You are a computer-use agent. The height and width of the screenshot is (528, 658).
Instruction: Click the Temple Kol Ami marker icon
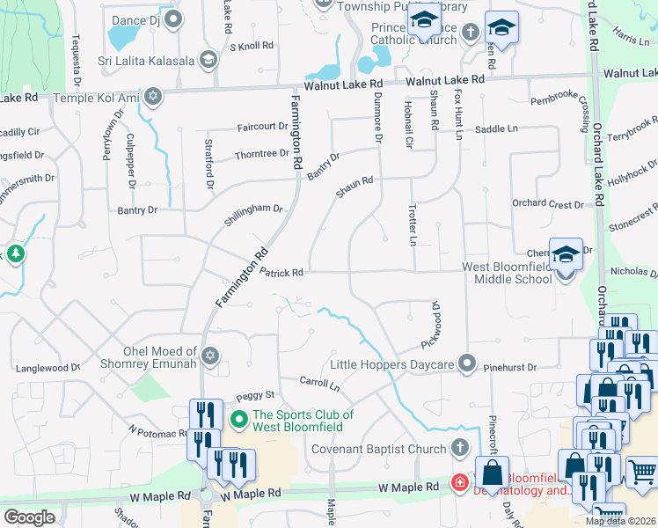(x=154, y=96)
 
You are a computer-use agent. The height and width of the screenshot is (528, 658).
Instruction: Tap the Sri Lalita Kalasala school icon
(x=208, y=60)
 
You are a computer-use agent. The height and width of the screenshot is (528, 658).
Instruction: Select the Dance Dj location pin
(x=174, y=18)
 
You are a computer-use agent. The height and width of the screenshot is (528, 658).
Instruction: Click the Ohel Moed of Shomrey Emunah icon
(x=209, y=356)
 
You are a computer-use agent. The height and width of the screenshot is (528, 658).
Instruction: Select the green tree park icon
(x=15, y=255)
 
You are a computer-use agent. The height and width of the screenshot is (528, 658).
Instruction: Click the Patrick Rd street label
(x=281, y=274)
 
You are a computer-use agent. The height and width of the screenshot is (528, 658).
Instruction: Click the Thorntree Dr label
(x=261, y=154)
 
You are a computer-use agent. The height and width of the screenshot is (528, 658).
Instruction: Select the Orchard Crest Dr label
(x=547, y=203)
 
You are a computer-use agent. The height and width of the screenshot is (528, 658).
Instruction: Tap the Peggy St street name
(x=254, y=394)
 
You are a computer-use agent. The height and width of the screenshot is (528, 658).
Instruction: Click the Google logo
(x=29, y=517)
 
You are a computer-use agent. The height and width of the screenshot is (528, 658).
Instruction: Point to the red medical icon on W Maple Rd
(x=459, y=481)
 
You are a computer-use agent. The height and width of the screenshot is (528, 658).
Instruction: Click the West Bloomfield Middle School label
(x=513, y=273)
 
